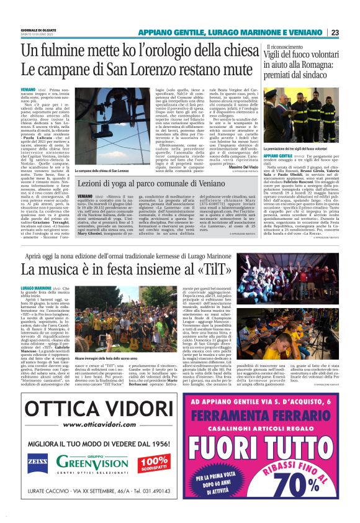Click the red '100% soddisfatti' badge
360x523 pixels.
152,462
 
